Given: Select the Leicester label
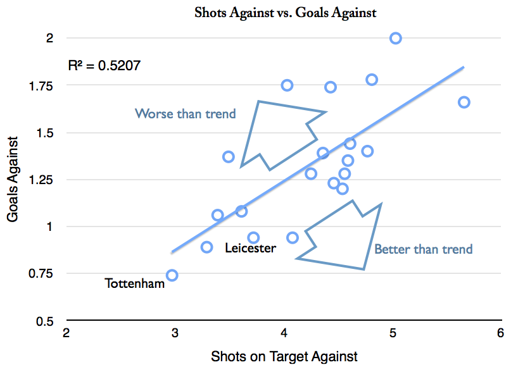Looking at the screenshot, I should (x=250, y=248).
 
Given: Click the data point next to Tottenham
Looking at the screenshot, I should (x=172, y=275).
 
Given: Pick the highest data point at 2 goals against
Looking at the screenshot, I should (x=396, y=38).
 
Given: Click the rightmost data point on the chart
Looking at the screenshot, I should (x=464, y=102).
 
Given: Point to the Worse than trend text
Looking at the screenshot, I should (x=185, y=114).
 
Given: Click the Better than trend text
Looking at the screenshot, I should (x=423, y=249).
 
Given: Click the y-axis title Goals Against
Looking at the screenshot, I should (x=13, y=178).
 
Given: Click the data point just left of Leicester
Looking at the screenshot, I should (x=207, y=247).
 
